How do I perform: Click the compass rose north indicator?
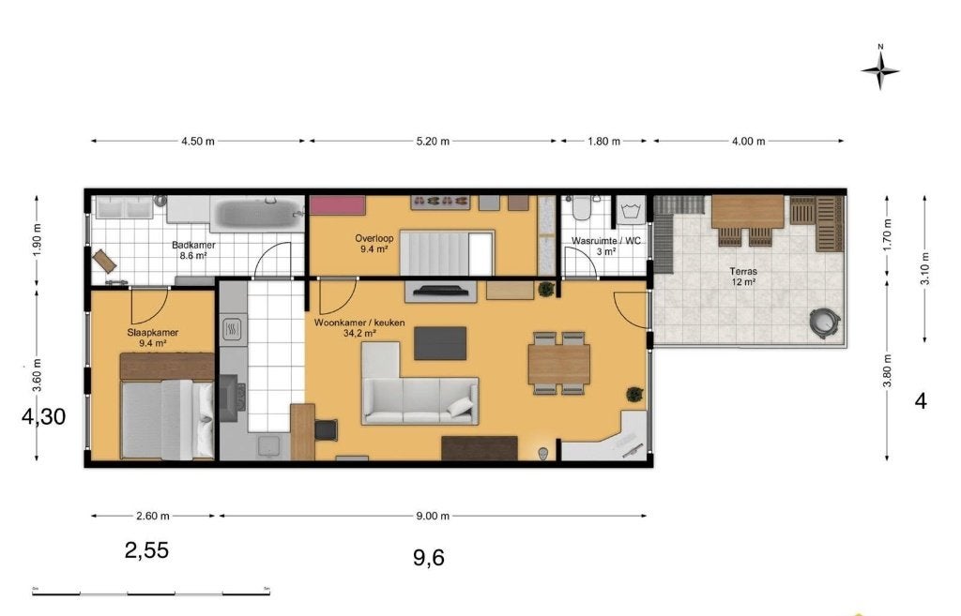pos(880,68)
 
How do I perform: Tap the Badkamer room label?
pos(193,245)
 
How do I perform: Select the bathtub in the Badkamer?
pos(257,215)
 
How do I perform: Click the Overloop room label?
pos(374,238)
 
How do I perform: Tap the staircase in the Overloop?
pos(447,253)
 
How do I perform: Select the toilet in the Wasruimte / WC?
pos(580,207)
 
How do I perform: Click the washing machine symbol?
pos(631,212)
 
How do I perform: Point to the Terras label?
pos(743,271)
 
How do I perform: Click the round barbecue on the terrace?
pos(825,322)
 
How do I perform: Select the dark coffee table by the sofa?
pos(440,343)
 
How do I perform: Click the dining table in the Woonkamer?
pos(559,364)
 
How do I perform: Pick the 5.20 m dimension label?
pos(433,141)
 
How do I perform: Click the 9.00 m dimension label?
pos(433,516)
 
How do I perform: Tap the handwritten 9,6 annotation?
pos(428,558)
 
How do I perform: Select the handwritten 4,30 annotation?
pos(43,417)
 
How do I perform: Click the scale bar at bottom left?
pos(151,593)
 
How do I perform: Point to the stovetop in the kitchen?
pos(233,330)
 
